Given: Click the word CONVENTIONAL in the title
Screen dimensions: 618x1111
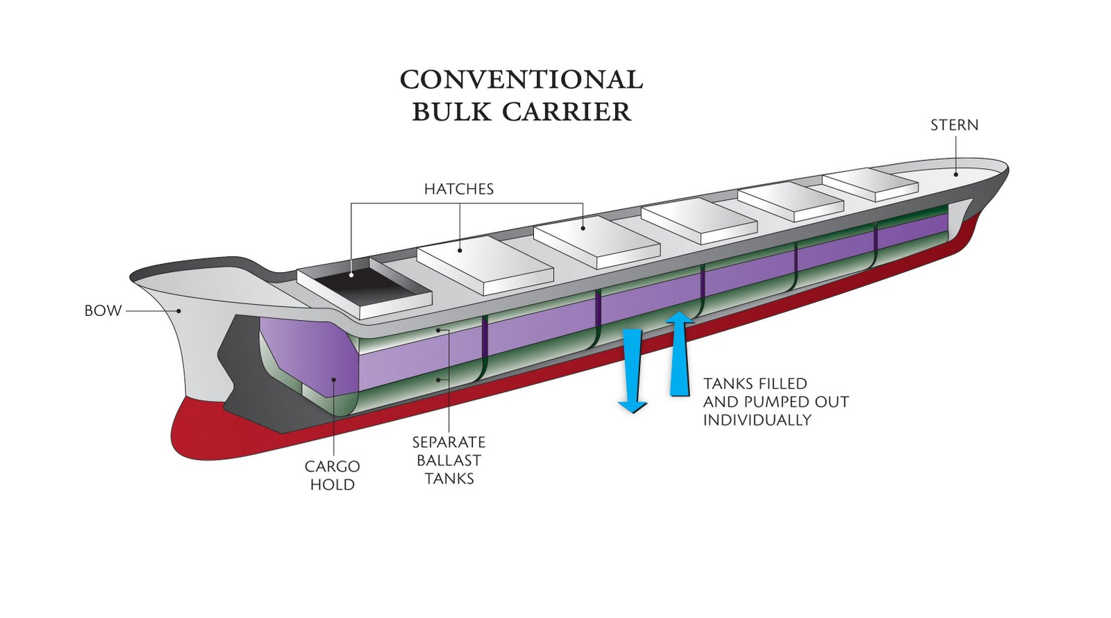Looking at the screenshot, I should point(521,79).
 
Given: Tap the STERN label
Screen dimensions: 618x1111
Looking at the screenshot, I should point(954,125).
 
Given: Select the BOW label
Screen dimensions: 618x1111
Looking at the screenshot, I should point(103,310).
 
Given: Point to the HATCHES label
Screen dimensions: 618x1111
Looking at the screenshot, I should point(458,189).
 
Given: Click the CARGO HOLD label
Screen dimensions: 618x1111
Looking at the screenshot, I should point(332,475).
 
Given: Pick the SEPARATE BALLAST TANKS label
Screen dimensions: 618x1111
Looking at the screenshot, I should point(449,460).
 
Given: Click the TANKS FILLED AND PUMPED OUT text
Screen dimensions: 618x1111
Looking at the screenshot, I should point(776,393).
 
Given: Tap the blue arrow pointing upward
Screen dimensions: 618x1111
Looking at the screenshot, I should point(680,354).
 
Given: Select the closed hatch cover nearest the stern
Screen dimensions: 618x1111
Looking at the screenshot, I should point(870,184).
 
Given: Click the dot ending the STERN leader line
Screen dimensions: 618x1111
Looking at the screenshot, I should point(956,174).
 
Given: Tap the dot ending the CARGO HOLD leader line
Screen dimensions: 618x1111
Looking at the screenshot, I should point(334,379).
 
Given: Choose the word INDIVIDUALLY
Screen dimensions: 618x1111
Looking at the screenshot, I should point(757,420).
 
